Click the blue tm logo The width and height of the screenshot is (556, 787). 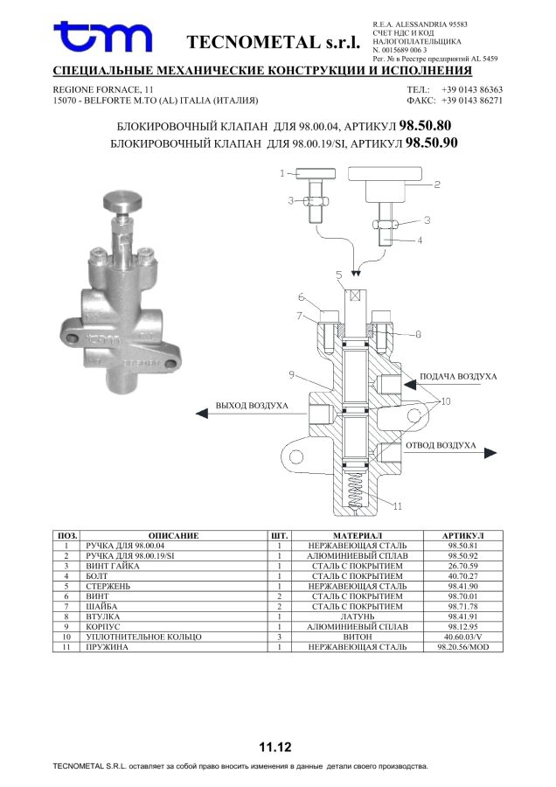pyautogui.click(x=103, y=36)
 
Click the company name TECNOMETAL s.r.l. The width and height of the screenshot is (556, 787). pyautogui.click(x=274, y=42)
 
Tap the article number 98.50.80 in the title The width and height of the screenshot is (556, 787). pyautogui.click(x=425, y=125)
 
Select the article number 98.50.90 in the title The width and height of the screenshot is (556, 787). pyautogui.click(x=432, y=143)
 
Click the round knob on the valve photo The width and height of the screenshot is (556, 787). pyautogui.click(x=122, y=201)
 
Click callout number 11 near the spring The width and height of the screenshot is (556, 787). pyautogui.click(x=398, y=506)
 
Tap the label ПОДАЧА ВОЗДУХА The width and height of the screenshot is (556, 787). pyautogui.click(x=458, y=376)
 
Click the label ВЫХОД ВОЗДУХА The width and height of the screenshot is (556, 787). pyautogui.click(x=252, y=405)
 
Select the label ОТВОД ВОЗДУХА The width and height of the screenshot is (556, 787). pyautogui.click(x=441, y=445)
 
